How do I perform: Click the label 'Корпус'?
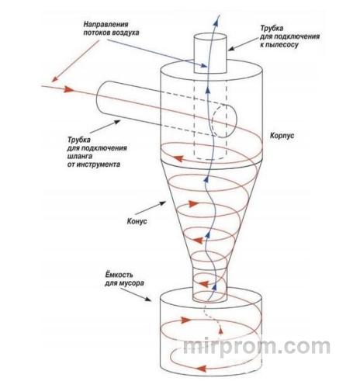point(282,136)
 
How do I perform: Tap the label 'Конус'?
point(137,221)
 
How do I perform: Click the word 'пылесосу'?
point(282,44)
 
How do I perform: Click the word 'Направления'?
point(106,25)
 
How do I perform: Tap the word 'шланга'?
point(80,156)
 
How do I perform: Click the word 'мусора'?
point(131,282)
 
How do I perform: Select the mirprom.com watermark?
point(257,346)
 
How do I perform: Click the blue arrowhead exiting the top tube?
point(216,21)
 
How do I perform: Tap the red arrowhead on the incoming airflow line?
point(69,89)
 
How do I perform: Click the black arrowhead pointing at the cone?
point(162,203)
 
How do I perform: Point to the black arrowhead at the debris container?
point(147,299)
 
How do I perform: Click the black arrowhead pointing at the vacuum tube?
point(231,48)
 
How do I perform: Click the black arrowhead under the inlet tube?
point(117,122)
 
